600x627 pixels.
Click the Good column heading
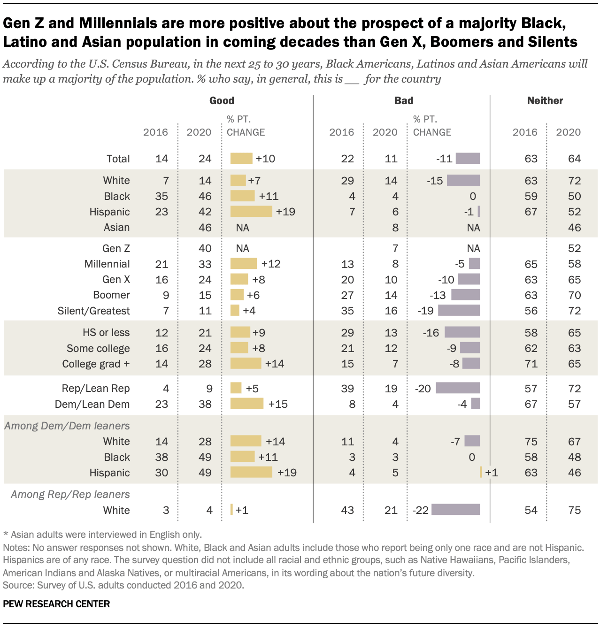[222, 100]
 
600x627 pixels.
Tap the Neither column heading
[545, 100]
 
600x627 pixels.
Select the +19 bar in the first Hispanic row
[251, 212]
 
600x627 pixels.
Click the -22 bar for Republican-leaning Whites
[455, 510]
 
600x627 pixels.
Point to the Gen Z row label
[116, 248]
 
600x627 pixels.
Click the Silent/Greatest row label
[93, 311]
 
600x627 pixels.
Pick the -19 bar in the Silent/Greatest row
[459, 310]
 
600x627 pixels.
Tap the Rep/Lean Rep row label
[96, 388]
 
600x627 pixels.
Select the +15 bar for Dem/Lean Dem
[247, 404]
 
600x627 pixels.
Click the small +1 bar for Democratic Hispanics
[481, 472]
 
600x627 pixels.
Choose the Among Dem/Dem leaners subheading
[67, 426]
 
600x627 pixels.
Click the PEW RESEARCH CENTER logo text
[56, 604]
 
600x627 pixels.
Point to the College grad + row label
[96, 364]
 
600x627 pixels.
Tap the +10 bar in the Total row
[241, 159]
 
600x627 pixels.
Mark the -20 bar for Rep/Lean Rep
[458, 388]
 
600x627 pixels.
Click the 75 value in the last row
[574, 510]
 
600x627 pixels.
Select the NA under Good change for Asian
[242, 228]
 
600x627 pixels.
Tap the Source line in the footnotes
[123, 585]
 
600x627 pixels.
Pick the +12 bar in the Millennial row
[244, 263]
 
